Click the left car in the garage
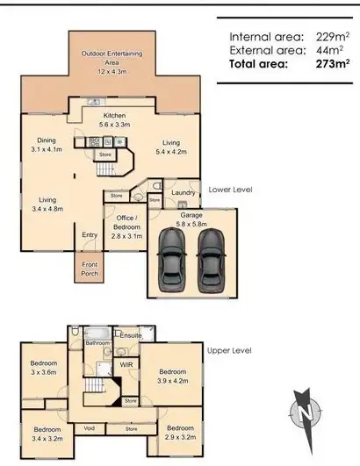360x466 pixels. (x=172, y=265)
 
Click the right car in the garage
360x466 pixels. (x=210, y=265)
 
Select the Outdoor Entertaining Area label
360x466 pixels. (x=112, y=58)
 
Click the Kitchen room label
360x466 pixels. (x=116, y=120)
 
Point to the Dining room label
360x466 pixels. (x=47, y=145)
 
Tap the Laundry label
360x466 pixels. (x=184, y=191)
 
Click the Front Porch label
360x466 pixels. (x=90, y=269)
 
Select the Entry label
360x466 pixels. (x=90, y=234)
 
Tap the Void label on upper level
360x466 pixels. (x=90, y=428)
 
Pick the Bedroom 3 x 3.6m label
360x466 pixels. (x=44, y=368)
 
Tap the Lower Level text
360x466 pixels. (x=230, y=189)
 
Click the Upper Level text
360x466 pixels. (x=229, y=350)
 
